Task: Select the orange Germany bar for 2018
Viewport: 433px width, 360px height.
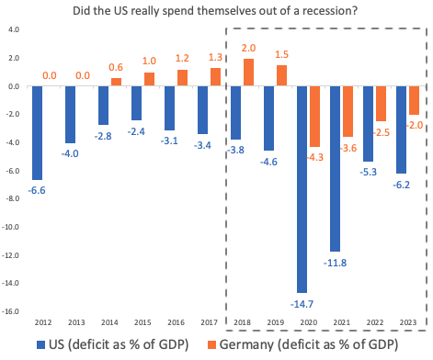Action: [x=248, y=73]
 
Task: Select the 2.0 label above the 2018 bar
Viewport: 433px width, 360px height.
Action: [x=248, y=48]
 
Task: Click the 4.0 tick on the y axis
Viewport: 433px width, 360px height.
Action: [x=14, y=30]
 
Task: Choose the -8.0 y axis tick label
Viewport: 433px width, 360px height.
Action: [x=13, y=199]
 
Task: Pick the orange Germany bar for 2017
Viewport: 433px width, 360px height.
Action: [x=215, y=77]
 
